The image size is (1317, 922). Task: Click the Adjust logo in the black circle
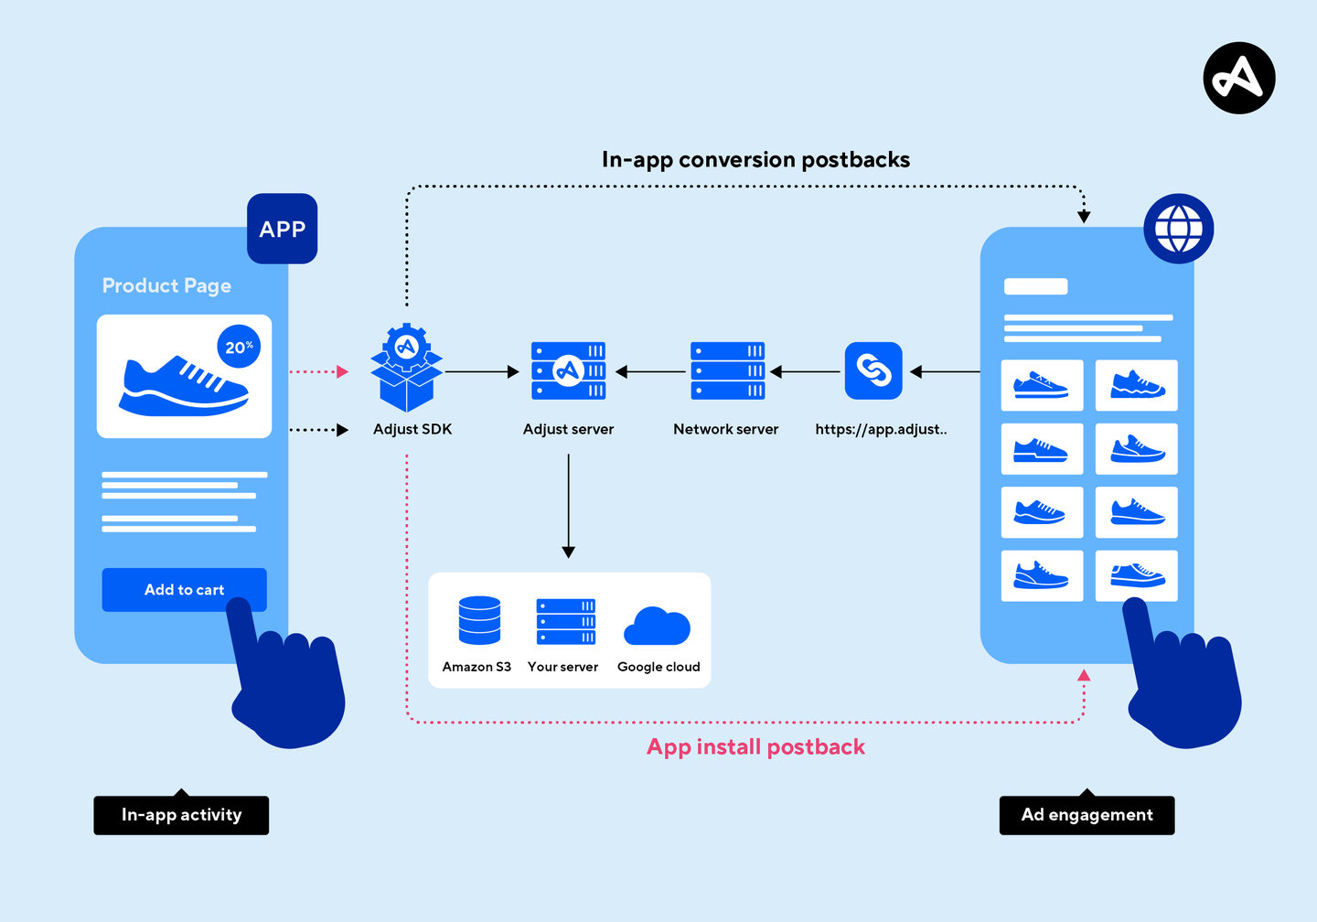pyautogui.click(x=1239, y=78)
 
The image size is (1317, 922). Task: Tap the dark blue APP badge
pyautogui.click(x=283, y=229)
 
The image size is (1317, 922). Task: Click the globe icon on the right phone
pyautogui.click(x=1178, y=229)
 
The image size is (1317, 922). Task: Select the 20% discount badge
pyautogui.click(x=239, y=347)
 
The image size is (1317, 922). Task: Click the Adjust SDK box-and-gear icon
pyautogui.click(x=406, y=368)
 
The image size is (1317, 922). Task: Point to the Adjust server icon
pyautogui.click(x=568, y=371)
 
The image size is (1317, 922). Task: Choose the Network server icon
pyautogui.click(x=727, y=371)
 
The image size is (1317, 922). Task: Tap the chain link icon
pyautogui.click(x=873, y=371)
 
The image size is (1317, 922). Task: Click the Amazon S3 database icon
pyautogui.click(x=479, y=620)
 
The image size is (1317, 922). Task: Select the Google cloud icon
pyautogui.click(x=657, y=626)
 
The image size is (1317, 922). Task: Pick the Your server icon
pyautogui.click(x=565, y=622)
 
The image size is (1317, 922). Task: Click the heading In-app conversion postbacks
pyautogui.click(x=755, y=160)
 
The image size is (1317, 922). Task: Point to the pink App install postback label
pyautogui.click(x=755, y=746)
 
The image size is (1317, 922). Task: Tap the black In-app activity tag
pyautogui.click(x=181, y=814)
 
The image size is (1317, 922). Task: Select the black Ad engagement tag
pyautogui.click(x=1087, y=814)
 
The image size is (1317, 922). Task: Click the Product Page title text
pyautogui.click(x=166, y=285)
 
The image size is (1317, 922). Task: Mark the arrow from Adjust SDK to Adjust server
pyautogui.click(x=482, y=371)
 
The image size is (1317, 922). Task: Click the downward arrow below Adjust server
pyautogui.click(x=568, y=506)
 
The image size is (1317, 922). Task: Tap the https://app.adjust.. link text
pyautogui.click(x=881, y=429)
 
